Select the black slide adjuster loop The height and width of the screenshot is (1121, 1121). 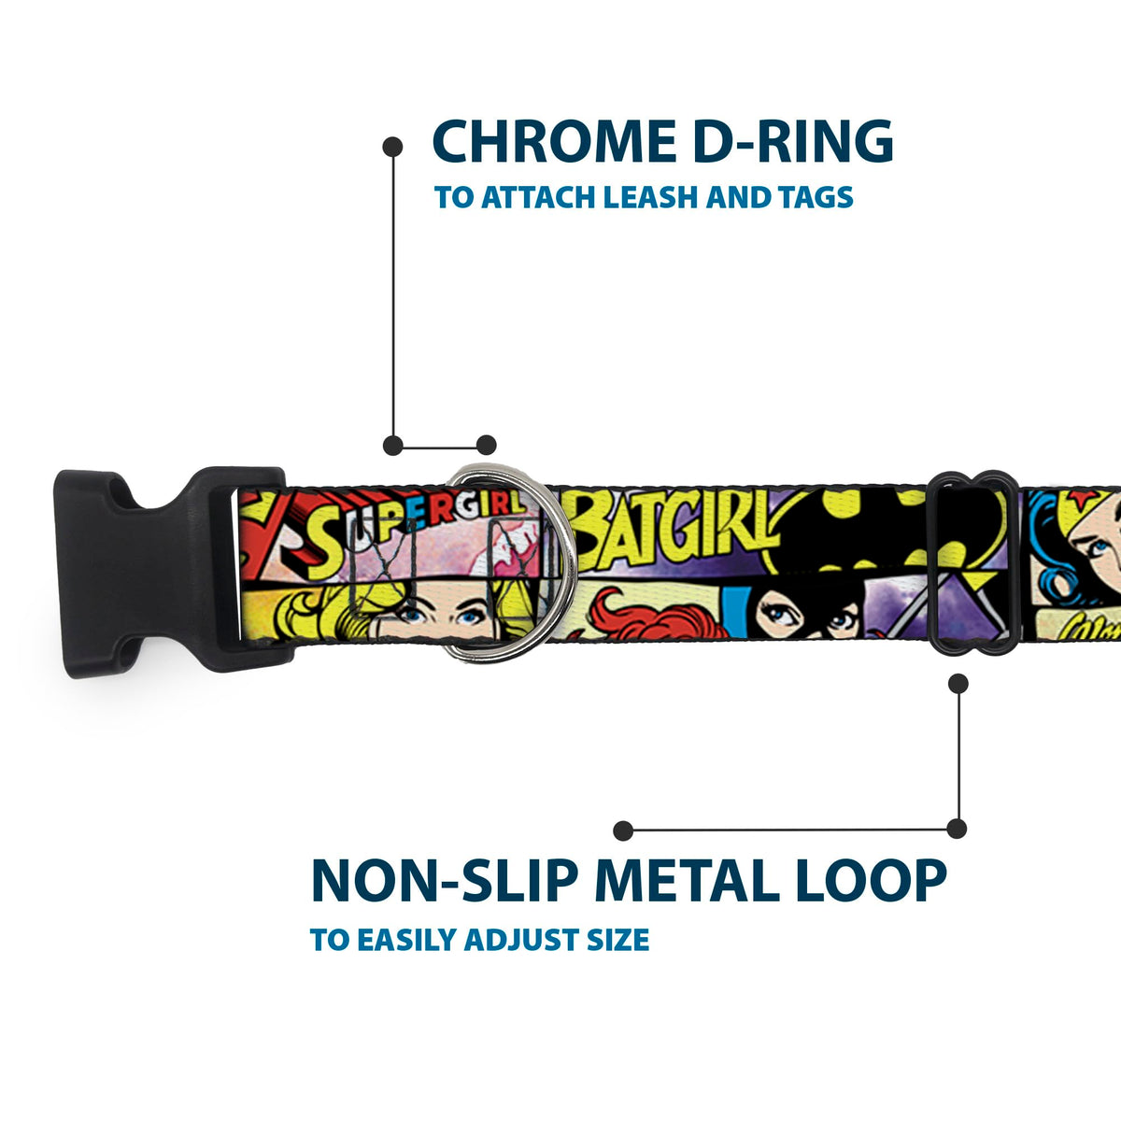(x=973, y=560)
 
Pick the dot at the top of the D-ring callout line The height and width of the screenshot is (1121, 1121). (x=393, y=147)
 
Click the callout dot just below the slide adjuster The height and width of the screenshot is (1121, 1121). (x=957, y=683)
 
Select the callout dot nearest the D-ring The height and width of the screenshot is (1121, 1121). (x=486, y=445)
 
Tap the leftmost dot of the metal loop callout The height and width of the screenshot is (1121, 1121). (x=623, y=830)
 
